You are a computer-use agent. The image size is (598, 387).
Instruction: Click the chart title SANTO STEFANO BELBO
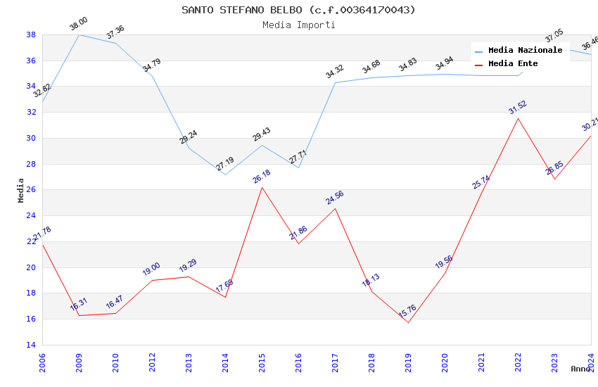pos(298,10)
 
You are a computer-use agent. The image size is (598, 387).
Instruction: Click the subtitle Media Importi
pos(298,25)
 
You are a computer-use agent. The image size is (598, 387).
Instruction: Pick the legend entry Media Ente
pos(513,64)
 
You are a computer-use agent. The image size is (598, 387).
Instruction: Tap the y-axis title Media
pos(21,190)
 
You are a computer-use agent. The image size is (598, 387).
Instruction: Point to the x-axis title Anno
pos(580,369)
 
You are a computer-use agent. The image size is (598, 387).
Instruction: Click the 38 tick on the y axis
pos(31,34)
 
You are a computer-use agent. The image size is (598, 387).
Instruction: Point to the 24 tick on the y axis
pos(31,216)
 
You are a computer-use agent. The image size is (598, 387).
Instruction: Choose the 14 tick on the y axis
pos(31,345)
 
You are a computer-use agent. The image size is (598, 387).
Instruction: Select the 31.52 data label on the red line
pos(517,108)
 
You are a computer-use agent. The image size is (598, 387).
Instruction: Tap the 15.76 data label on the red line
pos(407,312)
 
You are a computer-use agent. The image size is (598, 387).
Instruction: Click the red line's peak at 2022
pos(518,118)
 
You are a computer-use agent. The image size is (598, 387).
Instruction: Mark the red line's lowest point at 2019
pos(408,322)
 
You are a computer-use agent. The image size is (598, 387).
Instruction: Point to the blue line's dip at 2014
pos(225,175)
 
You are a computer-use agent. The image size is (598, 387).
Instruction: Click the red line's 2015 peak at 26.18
pos(262,187)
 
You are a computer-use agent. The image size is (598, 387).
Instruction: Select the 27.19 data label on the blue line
pos(225,165)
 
